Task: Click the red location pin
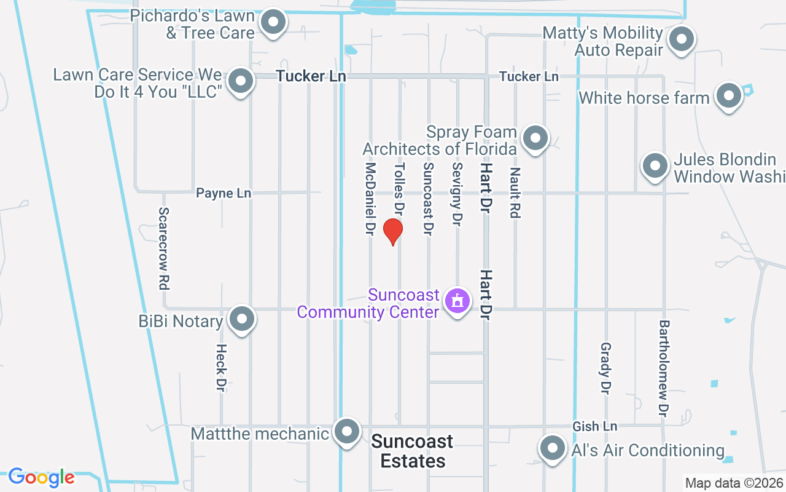tap(392, 231)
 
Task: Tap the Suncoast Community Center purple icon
tap(457, 301)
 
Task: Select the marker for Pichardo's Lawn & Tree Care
tap(272, 23)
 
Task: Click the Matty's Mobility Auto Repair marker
tap(680, 41)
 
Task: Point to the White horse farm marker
tap(729, 97)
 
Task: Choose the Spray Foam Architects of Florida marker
tap(535, 138)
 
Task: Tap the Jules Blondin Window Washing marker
tap(655, 166)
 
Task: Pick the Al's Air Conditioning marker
tap(551, 449)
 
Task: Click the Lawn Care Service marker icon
tap(241, 81)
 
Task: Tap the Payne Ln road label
tap(224, 193)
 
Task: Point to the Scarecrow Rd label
tap(163, 248)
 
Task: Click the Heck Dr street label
tap(221, 367)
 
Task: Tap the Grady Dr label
tap(605, 368)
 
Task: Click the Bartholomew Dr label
tap(664, 366)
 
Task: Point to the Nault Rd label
tap(515, 193)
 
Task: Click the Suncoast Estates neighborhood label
tap(413, 451)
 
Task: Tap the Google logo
tap(41, 477)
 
